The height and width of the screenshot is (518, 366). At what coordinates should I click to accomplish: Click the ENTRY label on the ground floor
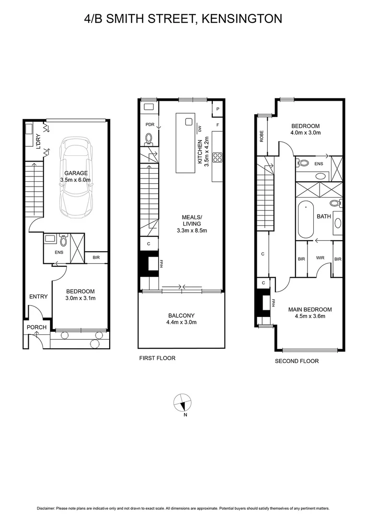[x=38, y=296]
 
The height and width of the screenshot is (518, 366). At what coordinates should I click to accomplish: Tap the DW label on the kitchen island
[x=199, y=129]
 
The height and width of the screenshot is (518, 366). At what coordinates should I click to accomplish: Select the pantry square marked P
[x=218, y=109]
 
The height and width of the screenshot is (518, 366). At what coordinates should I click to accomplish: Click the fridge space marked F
[x=218, y=125]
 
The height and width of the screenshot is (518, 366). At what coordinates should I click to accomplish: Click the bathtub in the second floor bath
[x=306, y=220]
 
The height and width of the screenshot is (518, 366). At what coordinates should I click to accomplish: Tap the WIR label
[x=320, y=259]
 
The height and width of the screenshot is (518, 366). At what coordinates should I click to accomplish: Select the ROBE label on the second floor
[x=262, y=136]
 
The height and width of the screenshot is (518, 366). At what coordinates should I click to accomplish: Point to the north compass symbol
[x=183, y=403]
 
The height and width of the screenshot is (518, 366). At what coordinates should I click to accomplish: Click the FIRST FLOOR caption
[x=157, y=358]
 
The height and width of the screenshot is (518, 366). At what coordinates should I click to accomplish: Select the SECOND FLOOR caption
[x=297, y=361]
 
